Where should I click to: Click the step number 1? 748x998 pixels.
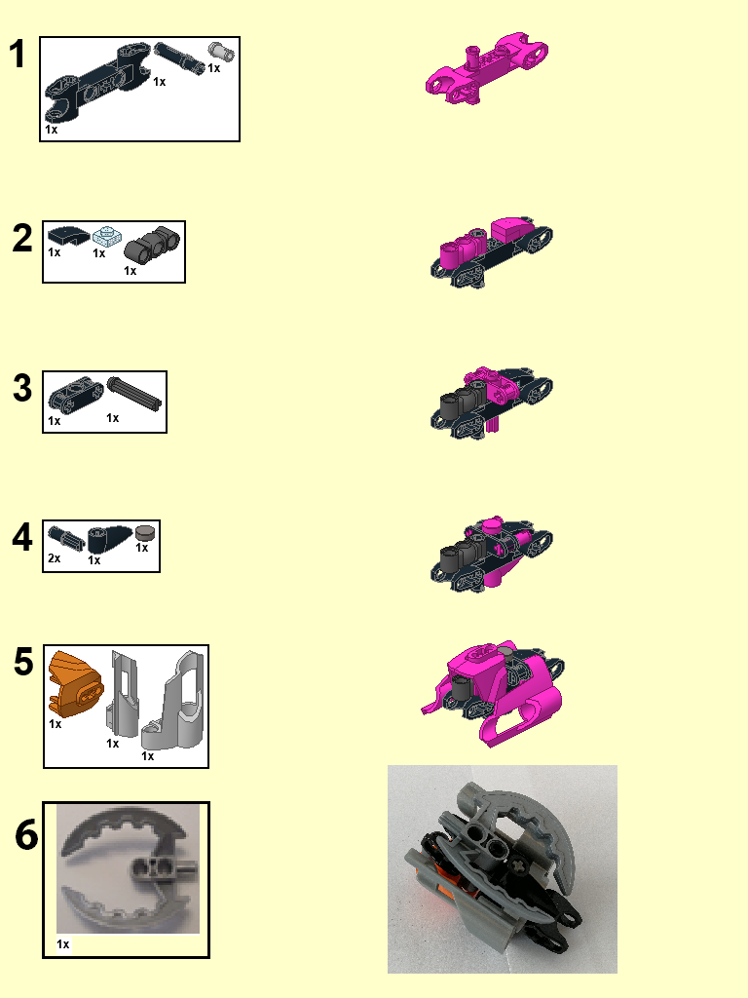click(x=17, y=55)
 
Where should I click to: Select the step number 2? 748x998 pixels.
click(x=22, y=239)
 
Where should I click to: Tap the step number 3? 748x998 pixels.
click(x=22, y=389)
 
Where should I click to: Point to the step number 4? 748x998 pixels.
click(x=22, y=537)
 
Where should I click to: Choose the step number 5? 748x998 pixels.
click(x=24, y=663)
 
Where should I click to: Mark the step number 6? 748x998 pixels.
click(x=26, y=836)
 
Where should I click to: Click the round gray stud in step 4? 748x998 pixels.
click(x=144, y=532)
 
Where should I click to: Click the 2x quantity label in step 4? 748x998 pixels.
click(x=55, y=558)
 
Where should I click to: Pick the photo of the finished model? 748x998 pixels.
click(x=502, y=868)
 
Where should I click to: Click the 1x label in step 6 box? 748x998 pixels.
click(x=63, y=944)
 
